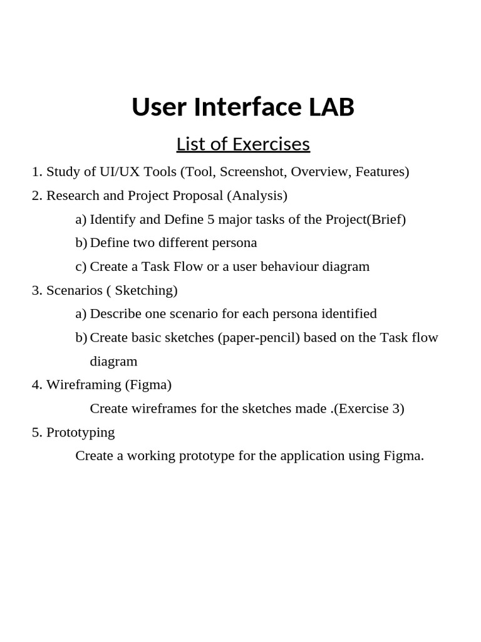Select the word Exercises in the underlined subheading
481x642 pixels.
[271, 144]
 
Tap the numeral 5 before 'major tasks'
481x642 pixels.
[211, 219]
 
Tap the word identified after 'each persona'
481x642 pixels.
[348, 313]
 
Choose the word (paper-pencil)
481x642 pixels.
[259, 337]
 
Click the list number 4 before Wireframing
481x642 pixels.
[36, 384]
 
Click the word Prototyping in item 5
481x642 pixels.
[80, 433]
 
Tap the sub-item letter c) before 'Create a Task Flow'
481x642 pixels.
[81, 266]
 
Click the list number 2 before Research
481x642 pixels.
[36, 196]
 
